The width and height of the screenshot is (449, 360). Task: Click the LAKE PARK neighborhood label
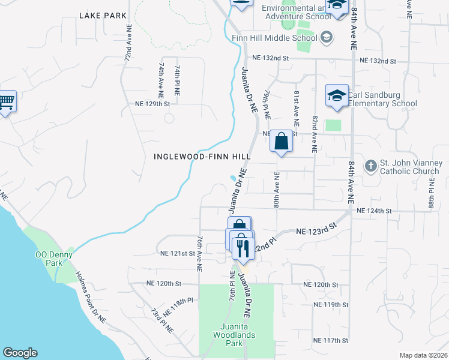coord(102,14)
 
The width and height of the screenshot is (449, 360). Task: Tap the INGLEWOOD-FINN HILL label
coord(202,157)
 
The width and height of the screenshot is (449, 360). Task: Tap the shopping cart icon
coord(7,102)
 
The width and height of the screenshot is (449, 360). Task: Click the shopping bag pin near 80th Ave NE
coord(281,142)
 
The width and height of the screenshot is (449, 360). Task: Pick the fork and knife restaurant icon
coord(243,247)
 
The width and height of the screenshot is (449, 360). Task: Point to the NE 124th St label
coord(374,211)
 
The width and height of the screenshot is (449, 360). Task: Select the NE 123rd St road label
coord(315,231)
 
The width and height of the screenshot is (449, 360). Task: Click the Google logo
coord(20,353)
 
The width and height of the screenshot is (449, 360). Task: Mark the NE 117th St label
coord(330,340)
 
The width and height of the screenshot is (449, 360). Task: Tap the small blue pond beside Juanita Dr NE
coord(234,178)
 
